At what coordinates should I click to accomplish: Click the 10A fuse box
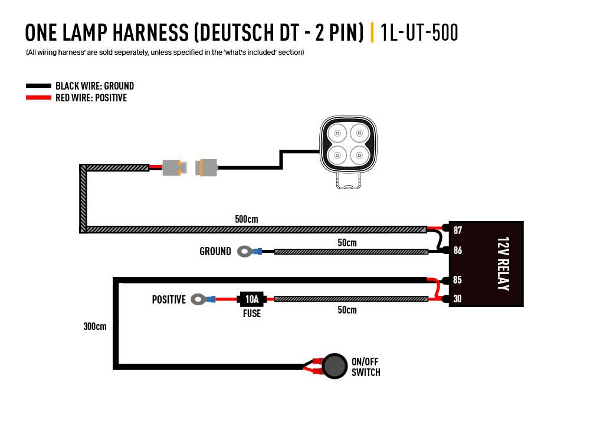point(251,299)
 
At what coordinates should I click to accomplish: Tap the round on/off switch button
point(335,365)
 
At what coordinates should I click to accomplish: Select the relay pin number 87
point(457,230)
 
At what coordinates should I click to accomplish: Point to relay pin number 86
point(457,250)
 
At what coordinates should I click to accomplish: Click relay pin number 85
point(457,280)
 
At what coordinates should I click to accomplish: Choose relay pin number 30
point(457,299)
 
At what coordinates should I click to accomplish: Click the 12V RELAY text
point(503,263)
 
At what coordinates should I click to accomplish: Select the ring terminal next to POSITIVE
point(200,299)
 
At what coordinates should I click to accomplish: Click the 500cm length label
point(246,219)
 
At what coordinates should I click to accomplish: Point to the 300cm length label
point(94,326)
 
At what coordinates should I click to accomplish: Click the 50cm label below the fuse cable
point(347,310)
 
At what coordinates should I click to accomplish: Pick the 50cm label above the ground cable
point(347,242)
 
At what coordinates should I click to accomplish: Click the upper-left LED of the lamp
point(337,133)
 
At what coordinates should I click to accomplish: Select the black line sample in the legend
point(38,86)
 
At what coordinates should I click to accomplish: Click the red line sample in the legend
point(38,98)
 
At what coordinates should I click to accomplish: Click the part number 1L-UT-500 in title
point(419,32)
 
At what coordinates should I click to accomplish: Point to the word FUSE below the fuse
point(252,314)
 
